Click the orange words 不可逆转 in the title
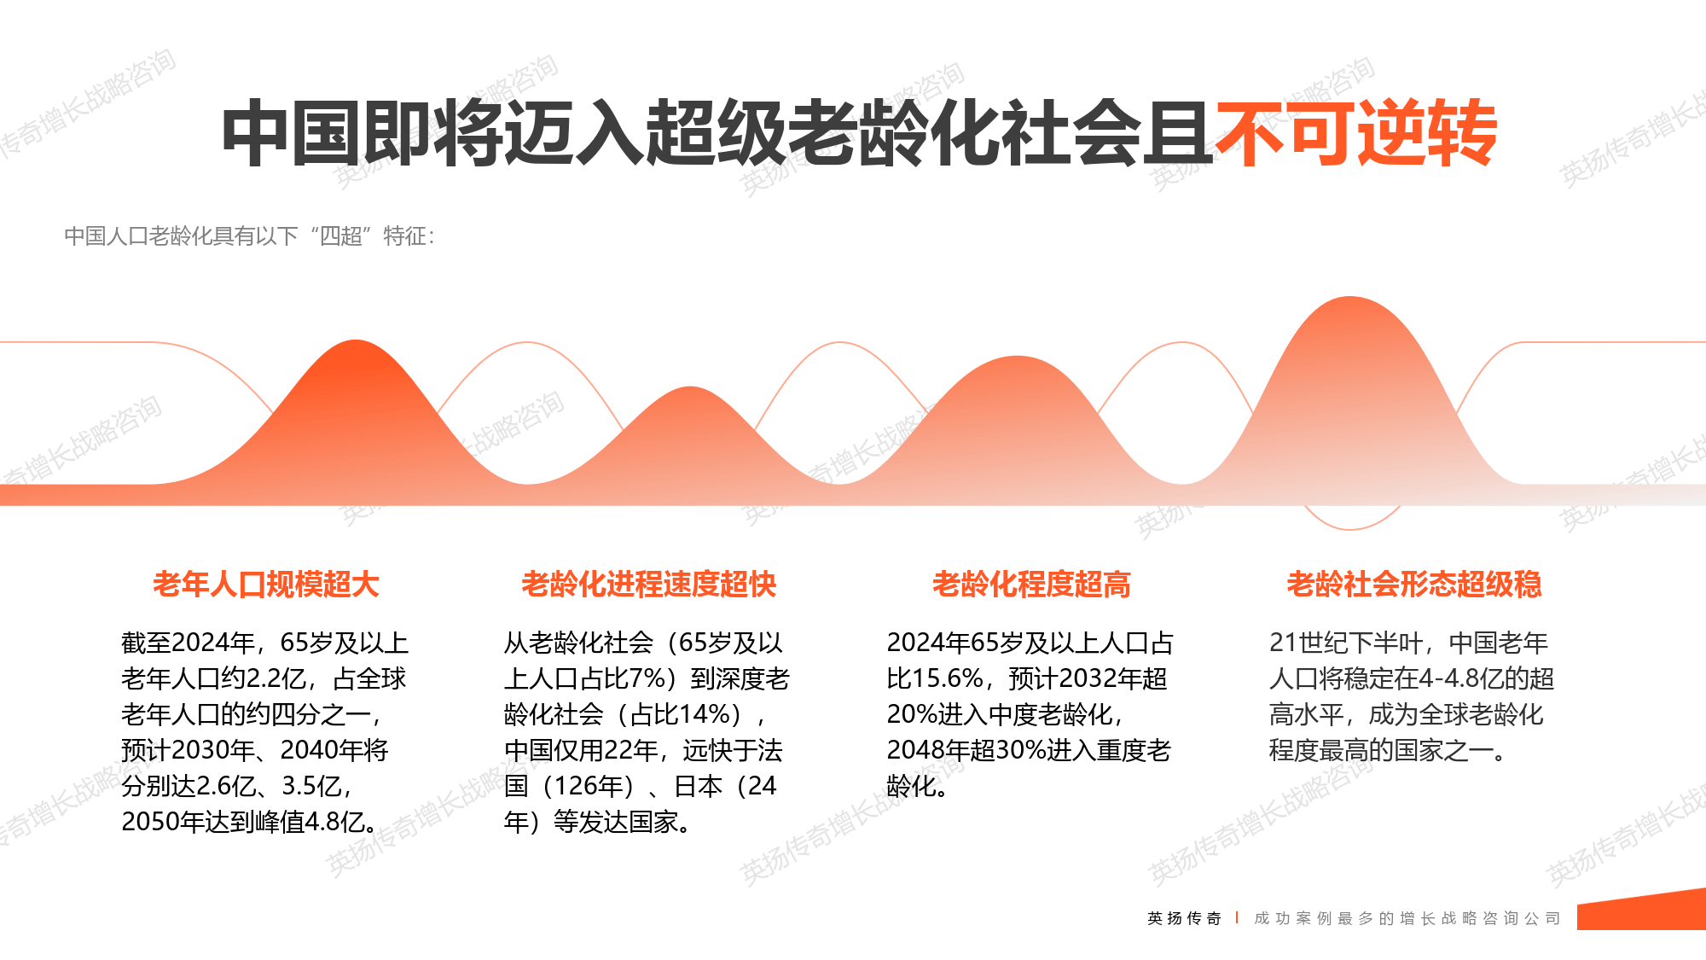tap(1356, 134)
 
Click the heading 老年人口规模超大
tap(266, 585)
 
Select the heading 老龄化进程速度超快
tap(648, 585)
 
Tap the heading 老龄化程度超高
tap(1031, 585)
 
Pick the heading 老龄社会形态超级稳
tap(1413, 585)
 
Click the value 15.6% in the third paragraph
tap(947, 679)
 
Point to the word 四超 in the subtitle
tap(340, 236)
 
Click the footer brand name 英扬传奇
tap(1184, 918)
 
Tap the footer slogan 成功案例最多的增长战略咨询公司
tap(1407, 918)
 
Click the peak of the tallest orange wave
tap(1349, 300)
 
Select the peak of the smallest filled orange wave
tap(689, 390)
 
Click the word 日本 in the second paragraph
tap(698, 786)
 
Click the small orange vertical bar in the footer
tap(1237, 918)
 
